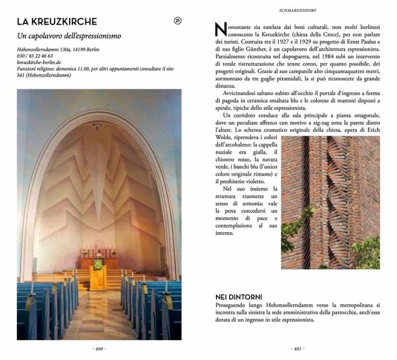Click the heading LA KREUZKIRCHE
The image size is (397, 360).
[x=57, y=22]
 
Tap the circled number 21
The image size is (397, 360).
[x=178, y=21]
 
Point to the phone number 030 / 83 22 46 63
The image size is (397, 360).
[x=35, y=56]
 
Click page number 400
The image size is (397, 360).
[x=99, y=349]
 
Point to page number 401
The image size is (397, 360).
[x=297, y=349]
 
